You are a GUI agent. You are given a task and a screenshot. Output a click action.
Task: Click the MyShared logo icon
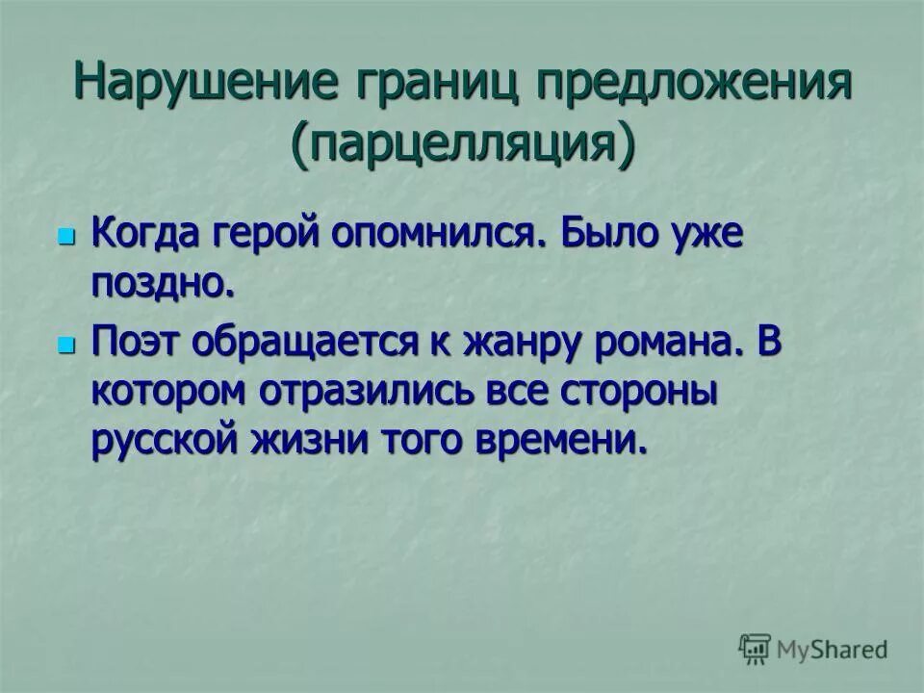756,648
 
